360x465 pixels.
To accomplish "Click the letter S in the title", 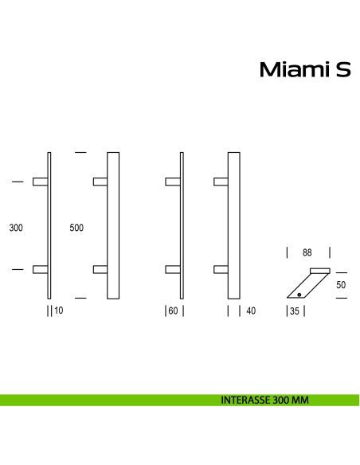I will click(x=342, y=71).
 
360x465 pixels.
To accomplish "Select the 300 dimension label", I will click(x=15, y=228).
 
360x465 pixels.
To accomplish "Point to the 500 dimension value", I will click(x=76, y=228).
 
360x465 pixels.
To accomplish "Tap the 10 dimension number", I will click(x=58, y=311).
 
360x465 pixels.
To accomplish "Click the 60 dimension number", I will click(x=173, y=311).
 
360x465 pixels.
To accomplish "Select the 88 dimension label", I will click(x=307, y=253).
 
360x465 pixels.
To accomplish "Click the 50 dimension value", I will click(x=342, y=284).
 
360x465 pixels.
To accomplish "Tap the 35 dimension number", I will click(x=294, y=311).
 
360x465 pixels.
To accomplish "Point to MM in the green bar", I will click(x=299, y=401).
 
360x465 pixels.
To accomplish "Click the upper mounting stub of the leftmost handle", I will click(x=41, y=182).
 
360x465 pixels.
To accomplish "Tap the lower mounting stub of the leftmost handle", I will click(x=41, y=269).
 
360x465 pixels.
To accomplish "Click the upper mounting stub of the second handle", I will click(x=100, y=182).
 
